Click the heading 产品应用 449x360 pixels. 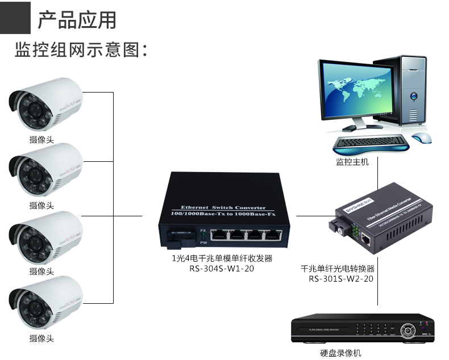click(77, 20)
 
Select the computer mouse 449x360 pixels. click(421, 137)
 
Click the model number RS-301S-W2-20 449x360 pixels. click(341, 279)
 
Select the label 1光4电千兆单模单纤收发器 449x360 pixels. click(222, 258)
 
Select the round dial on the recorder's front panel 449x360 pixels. click(406, 329)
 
